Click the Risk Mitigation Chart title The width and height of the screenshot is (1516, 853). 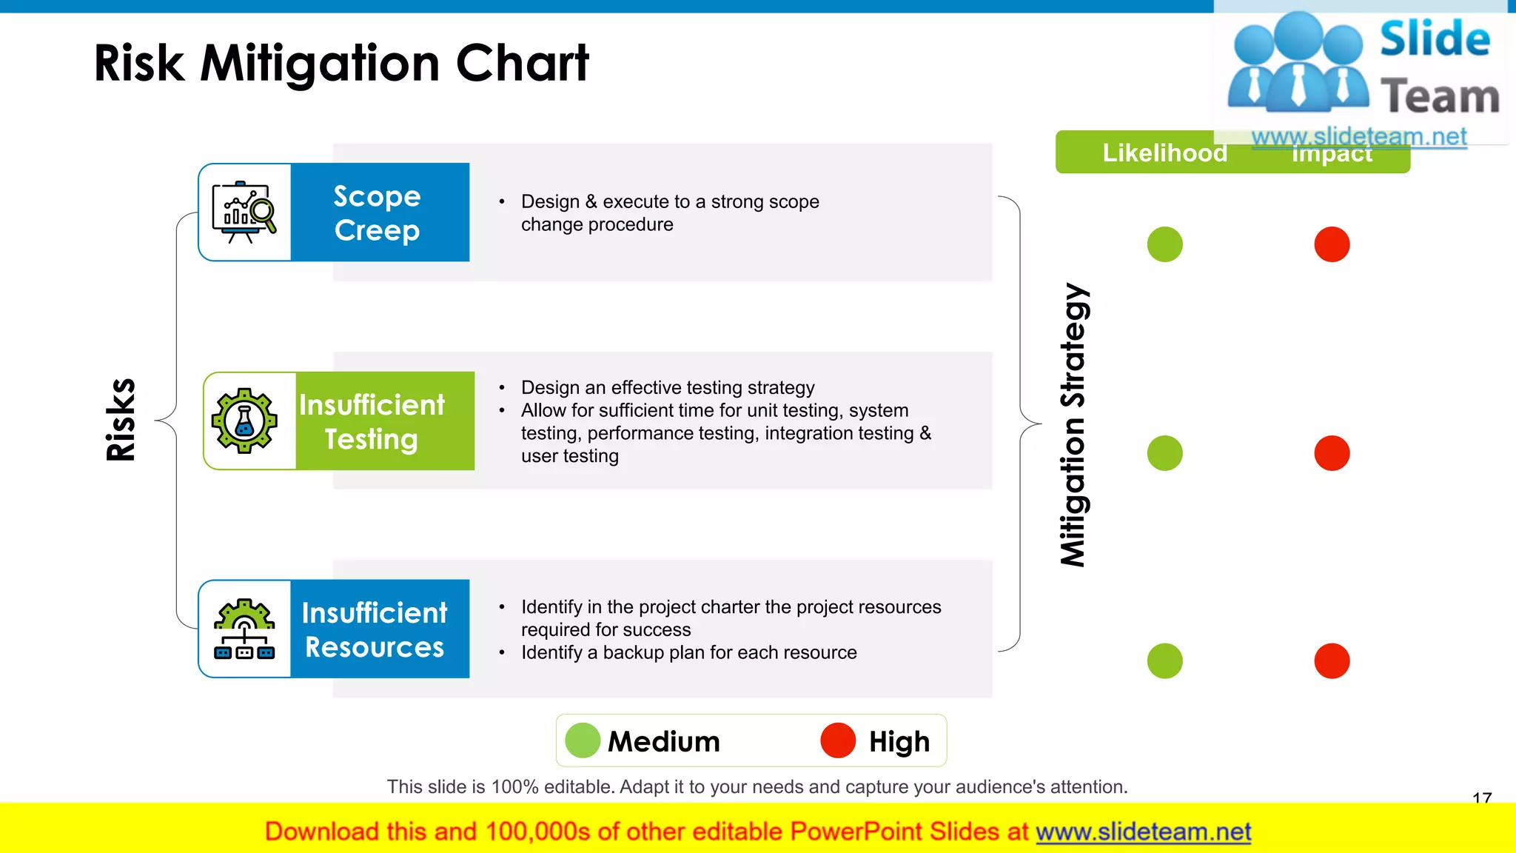tap(341, 64)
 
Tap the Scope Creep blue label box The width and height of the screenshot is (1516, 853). tap(379, 213)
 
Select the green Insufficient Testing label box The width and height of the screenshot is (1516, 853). tap(384, 421)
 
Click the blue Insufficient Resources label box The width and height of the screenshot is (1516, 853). tap(379, 629)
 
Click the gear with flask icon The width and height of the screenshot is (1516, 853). tap(244, 421)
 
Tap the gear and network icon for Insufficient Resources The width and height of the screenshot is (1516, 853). tap(244, 629)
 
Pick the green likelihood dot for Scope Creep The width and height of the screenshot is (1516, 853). tap(1164, 244)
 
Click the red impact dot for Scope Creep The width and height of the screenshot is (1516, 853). tap(1332, 244)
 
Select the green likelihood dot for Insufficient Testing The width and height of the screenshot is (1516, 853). tap(1164, 453)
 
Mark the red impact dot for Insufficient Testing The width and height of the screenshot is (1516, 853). tap(1332, 453)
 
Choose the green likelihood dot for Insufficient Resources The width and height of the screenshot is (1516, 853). tap(1164, 661)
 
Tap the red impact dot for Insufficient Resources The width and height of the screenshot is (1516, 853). tap(1332, 661)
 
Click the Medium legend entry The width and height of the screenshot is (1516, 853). tap(643, 741)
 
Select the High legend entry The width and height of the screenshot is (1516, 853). tap(876, 741)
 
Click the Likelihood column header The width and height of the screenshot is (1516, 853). tap(1164, 153)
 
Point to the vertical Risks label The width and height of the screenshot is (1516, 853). tap(121, 420)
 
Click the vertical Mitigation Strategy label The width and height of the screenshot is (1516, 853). tap(1073, 425)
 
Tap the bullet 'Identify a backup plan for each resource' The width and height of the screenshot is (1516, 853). tap(688, 653)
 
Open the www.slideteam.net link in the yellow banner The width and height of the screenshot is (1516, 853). tap(1143, 832)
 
